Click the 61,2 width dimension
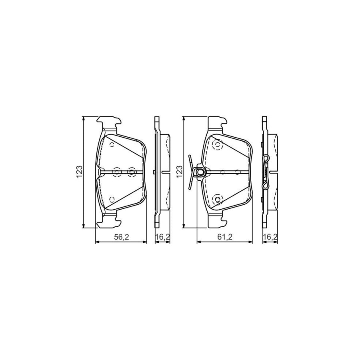pyautogui.click(x=225, y=237)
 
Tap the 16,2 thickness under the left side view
pyautogui.click(x=162, y=237)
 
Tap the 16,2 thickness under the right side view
pyautogui.click(x=270, y=237)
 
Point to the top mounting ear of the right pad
pyautogui.click(x=216, y=122)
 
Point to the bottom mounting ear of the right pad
pyautogui.click(x=217, y=221)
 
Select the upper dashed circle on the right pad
pyautogui.click(x=218, y=145)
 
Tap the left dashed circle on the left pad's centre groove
pyautogui.click(x=116, y=172)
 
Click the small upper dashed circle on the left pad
pyautogui.click(x=112, y=145)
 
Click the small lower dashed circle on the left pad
pyautogui.click(x=112, y=199)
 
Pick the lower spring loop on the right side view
pyautogui.click(x=265, y=186)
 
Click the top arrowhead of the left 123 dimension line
pyautogui.click(x=84, y=118)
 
